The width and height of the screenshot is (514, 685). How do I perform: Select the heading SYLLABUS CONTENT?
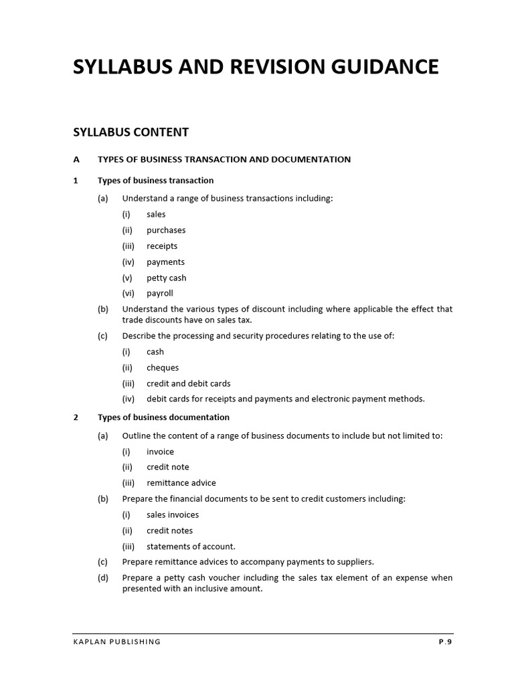[131, 132]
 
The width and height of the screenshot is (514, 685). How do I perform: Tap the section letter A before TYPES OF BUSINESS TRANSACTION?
[76, 159]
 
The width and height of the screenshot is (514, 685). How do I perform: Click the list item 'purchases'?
[166, 230]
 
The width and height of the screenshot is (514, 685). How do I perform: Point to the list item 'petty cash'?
[166, 278]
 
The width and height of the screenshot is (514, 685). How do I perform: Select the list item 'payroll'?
[160, 294]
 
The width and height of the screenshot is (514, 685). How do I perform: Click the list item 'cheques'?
[163, 368]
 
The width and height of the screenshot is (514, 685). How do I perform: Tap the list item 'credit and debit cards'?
[188, 384]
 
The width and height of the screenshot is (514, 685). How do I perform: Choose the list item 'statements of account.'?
[191, 547]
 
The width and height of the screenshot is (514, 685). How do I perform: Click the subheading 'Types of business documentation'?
[163, 417]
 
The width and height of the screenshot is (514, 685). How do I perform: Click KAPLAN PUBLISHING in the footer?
[117, 642]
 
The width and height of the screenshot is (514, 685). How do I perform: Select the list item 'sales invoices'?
[173, 515]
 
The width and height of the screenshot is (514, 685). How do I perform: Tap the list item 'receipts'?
[162, 246]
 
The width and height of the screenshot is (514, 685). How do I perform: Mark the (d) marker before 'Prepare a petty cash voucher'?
[102, 578]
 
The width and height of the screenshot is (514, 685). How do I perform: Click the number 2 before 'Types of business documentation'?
[76, 417]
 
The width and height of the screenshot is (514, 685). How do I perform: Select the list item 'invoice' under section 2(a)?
[160, 452]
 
